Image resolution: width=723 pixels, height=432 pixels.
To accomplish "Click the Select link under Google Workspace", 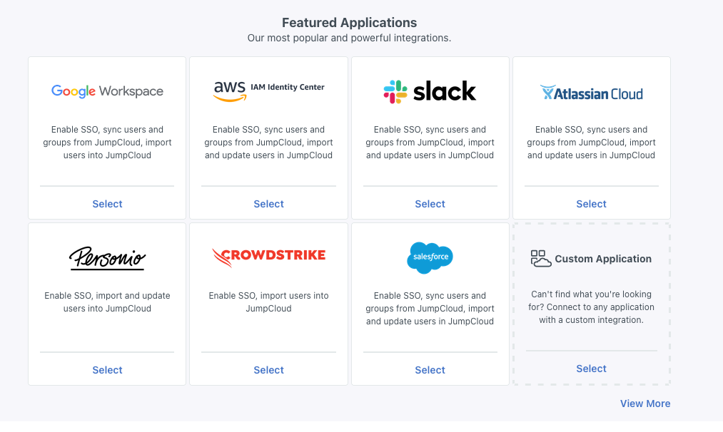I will pos(107,204).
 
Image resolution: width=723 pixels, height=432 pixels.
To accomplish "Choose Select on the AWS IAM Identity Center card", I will pos(268,204).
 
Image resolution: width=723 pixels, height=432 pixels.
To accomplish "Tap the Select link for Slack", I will pos(430,204).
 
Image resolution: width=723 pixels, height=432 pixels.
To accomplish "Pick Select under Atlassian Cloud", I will pos(591,204).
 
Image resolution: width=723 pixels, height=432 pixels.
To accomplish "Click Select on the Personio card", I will pos(107,370).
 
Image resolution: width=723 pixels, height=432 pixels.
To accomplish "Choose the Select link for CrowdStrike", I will pos(268,370).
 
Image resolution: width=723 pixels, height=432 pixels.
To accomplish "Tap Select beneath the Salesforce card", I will pos(430,370).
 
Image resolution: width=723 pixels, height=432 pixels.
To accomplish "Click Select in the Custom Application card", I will pos(591,369).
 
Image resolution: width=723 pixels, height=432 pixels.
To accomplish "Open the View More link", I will pos(644,403).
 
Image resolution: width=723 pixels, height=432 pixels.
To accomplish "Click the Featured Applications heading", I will pos(349,23).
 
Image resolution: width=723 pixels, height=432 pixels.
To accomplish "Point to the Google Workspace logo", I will pos(107,91).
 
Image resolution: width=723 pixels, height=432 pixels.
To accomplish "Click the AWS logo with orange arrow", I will pos(229,91).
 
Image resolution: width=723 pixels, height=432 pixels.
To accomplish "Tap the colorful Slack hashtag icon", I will pos(395,92).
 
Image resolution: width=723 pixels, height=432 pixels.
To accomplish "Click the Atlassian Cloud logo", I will pos(591,93).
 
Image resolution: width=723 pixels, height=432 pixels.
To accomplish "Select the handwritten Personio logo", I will pos(107,257).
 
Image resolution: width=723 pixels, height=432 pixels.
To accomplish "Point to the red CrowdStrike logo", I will pos(268,256).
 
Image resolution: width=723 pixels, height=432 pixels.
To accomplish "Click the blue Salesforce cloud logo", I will pos(430,257).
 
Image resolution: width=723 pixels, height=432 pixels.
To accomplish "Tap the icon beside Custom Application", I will pos(541,258).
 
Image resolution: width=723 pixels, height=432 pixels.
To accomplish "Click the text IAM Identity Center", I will pos(288,87).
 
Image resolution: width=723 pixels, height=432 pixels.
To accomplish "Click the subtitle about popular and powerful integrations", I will pos(349,38).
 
